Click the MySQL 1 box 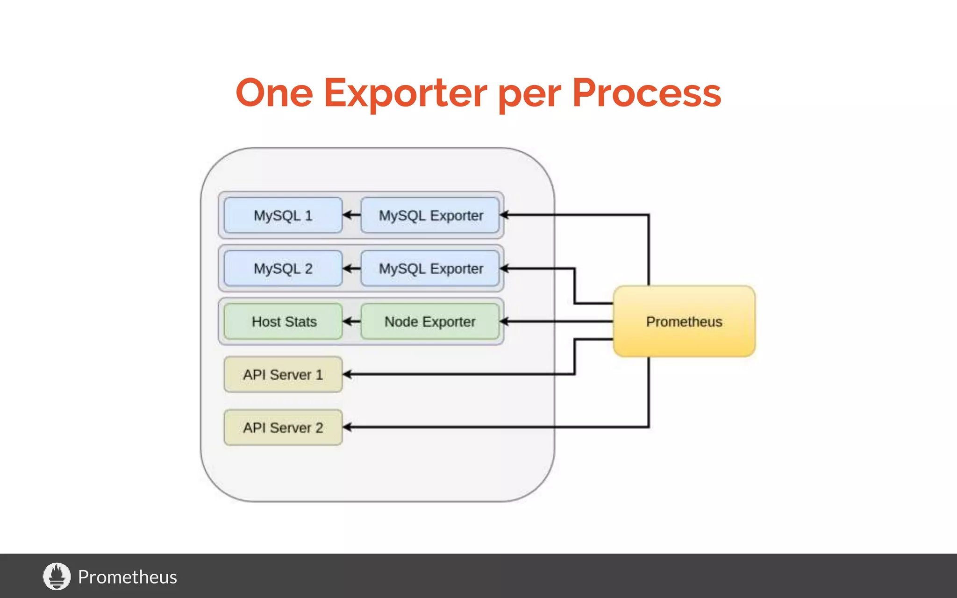click(283, 215)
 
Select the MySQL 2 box click(283, 269)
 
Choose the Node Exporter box click(430, 321)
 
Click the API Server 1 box click(283, 375)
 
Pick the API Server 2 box click(283, 427)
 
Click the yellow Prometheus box click(684, 321)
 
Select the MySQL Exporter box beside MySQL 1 click(430, 215)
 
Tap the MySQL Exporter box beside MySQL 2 click(430, 269)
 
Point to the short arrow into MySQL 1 click(351, 215)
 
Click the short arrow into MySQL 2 click(351, 269)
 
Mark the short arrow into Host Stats click(351, 321)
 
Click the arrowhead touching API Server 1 click(347, 374)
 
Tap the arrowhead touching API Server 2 click(347, 427)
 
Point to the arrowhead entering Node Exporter click(504, 321)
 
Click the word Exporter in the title click(405, 93)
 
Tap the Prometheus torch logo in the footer click(57, 576)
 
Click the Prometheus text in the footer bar click(127, 577)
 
